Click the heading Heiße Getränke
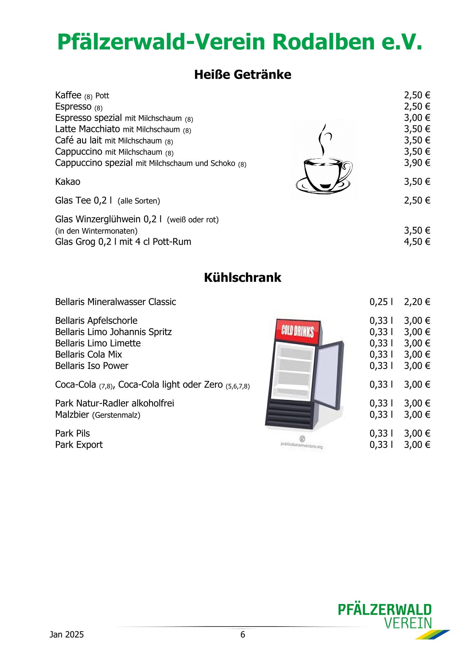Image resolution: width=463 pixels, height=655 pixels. [242, 74]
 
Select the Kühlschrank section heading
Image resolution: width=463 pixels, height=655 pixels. [242, 277]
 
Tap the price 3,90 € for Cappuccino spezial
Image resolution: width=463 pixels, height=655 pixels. [417, 163]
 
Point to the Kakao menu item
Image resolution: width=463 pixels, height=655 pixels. [68, 182]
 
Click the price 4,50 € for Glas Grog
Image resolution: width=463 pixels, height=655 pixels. [417, 242]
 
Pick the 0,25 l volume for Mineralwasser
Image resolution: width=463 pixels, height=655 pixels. [381, 302]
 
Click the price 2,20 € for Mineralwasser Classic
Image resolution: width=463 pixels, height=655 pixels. [417, 302]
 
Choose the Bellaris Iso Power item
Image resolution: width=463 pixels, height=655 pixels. [91, 366]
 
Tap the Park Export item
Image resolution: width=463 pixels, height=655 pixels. [79, 445]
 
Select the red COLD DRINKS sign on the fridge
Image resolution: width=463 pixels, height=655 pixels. [298, 330]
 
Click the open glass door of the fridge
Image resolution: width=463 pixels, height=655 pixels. [329, 374]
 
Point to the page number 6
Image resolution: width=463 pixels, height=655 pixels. [243, 635]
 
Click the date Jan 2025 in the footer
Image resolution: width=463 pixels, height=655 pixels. [67, 635]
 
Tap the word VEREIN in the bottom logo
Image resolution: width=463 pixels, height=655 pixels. [408, 623]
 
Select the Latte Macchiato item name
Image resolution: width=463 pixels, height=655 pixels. [88, 129]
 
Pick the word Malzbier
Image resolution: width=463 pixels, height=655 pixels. [72, 415]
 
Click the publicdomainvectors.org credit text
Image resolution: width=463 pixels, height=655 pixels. [302, 446]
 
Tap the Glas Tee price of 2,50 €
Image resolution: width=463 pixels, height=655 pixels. [417, 200]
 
